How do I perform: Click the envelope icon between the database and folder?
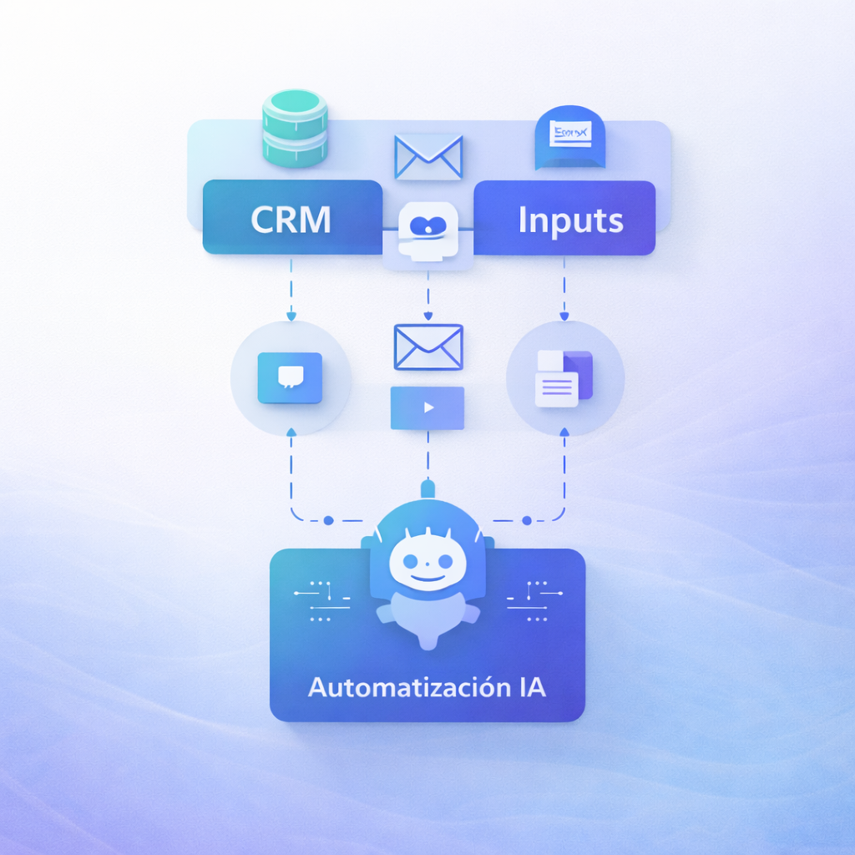(x=428, y=156)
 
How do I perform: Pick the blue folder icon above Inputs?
(x=569, y=138)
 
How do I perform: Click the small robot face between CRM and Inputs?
(x=428, y=229)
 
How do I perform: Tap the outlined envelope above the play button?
(x=428, y=347)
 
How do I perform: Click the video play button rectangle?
(x=427, y=407)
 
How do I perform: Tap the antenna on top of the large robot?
(x=427, y=487)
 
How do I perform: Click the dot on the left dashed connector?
(x=328, y=520)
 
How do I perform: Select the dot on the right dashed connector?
(x=527, y=520)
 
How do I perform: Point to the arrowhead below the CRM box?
(x=291, y=316)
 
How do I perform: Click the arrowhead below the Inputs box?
(x=564, y=316)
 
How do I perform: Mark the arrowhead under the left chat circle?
(x=291, y=432)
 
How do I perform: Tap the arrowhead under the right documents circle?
(x=564, y=432)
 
